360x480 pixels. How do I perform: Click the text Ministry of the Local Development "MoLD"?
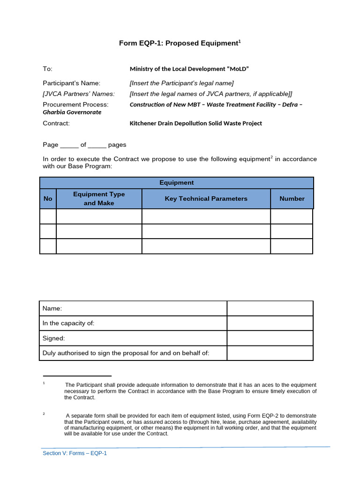point(189,69)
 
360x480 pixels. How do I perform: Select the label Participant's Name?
point(72,83)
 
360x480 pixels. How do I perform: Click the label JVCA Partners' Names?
point(79,94)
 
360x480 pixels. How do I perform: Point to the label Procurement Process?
point(75,105)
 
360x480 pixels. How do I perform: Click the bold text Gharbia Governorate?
point(72,112)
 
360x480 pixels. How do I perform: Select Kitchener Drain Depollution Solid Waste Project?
point(195,123)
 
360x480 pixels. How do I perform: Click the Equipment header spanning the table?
point(176,183)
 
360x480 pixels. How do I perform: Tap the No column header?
point(48,199)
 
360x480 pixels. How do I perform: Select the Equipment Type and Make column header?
point(99,199)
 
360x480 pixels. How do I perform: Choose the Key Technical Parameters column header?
point(206,199)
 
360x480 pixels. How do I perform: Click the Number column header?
point(292,199)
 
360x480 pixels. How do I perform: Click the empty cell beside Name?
point(270,308)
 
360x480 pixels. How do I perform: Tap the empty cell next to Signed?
point(270,338)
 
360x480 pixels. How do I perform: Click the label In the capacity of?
point(68,323)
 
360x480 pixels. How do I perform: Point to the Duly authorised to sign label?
point(126,353)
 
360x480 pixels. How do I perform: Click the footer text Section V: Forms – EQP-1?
point(75,453)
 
